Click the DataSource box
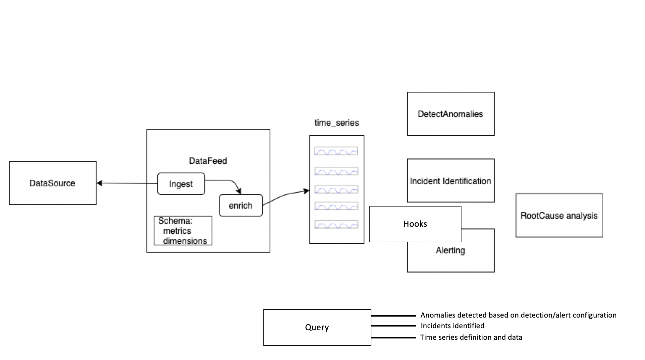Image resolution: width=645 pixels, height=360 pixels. coord(52,183)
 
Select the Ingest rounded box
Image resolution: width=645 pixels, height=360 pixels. coord(181,184)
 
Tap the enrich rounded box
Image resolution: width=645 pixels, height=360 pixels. coord(241,206)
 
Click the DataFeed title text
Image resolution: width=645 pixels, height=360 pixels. coord(208,161)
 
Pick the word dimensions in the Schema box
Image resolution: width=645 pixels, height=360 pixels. coord(185,241)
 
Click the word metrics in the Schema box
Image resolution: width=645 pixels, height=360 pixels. coord(177,231)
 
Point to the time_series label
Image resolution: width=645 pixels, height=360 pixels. coord(336,123)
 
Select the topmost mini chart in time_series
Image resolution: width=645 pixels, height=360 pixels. coord(336,151)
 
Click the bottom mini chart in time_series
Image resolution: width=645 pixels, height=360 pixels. coord(336,224)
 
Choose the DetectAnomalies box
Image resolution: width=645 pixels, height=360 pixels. coord(450,114)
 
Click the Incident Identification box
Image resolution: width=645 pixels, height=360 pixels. coord(450,181)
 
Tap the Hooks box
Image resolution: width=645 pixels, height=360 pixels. coord(415,224)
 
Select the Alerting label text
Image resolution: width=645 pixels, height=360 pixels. coord(450,250)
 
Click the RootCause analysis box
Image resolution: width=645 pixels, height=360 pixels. coord(559,215)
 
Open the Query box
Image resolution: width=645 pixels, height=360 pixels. coord(317,327)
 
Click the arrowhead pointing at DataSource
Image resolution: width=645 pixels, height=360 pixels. coord(99,183)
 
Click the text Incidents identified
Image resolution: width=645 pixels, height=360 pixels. coord(452,326)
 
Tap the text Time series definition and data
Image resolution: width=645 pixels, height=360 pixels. coord(471,337)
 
